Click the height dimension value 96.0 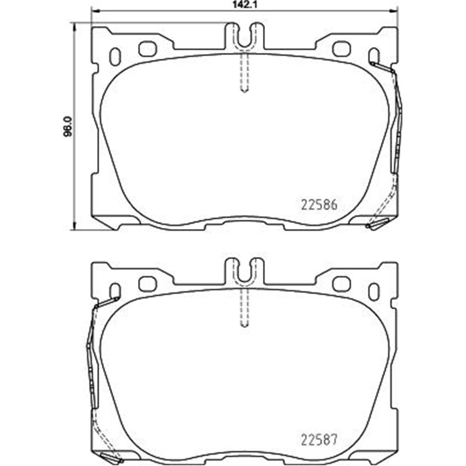tap(68, 126)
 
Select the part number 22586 tap(320, 206)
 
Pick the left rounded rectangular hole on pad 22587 tap(147, 284)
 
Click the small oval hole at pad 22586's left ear tap(115, 55)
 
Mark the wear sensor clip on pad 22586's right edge tap(398, 122)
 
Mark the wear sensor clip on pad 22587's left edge tap(90, 349)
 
